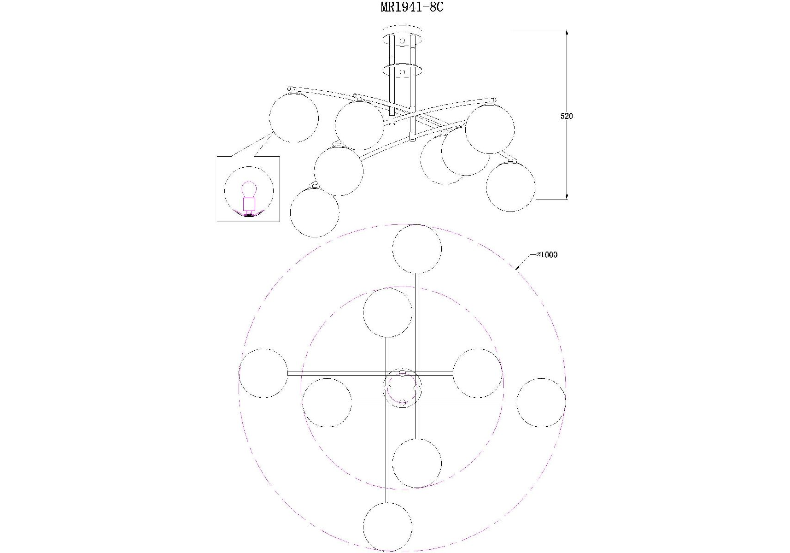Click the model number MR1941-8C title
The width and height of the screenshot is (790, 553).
coord(412,7)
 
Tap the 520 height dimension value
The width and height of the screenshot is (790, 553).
coord(567,116)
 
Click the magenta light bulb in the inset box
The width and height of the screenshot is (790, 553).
coord(249,190)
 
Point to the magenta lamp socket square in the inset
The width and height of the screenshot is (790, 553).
coord(249,204)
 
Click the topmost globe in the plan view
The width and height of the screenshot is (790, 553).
coord(417,249)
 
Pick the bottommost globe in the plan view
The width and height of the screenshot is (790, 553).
coord(387,527)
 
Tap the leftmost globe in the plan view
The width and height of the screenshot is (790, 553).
coord(263,373)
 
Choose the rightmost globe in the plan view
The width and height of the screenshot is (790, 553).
coord(541,403)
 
